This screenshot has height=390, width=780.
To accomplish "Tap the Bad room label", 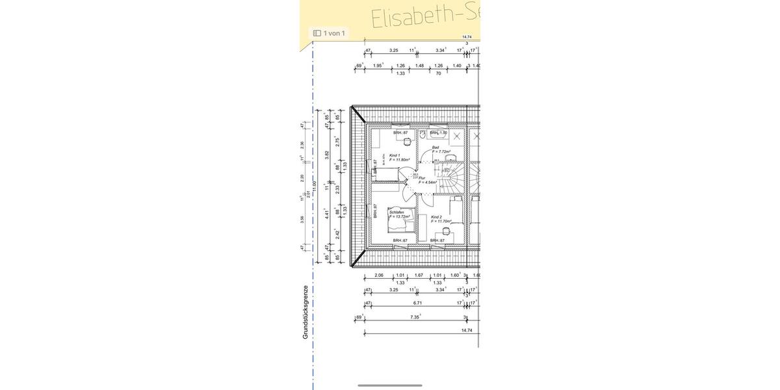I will point(435,148).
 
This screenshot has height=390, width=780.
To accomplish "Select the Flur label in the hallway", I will point(422,177).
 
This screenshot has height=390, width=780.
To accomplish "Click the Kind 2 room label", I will point(437,217).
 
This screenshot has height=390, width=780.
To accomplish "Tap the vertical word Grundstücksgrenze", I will point(305,311).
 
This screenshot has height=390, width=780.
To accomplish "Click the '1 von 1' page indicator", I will point(334,32).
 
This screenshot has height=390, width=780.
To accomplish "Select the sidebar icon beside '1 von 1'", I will point(317,32).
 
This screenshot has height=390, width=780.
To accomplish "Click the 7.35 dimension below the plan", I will point(415,317).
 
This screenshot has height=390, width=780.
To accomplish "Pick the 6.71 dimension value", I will point(418,303).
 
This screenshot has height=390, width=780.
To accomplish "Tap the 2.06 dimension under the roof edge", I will point(379,275).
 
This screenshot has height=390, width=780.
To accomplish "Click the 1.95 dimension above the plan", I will point(378,66).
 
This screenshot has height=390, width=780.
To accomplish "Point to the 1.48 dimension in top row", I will point(419,66).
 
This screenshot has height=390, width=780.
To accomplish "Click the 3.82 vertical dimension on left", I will point(327,155).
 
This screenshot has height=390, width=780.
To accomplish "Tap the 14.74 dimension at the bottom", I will point(466,330).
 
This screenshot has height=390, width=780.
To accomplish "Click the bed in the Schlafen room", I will point(399,226).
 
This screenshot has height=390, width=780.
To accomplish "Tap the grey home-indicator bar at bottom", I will point(390,385).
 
